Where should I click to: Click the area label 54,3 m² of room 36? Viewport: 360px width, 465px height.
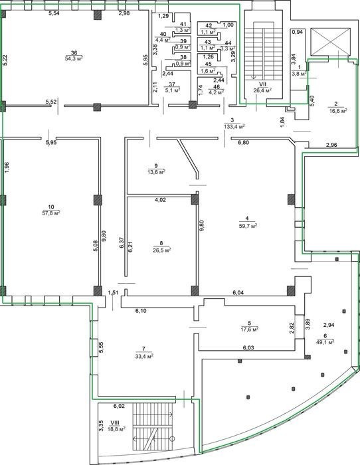point(74,58)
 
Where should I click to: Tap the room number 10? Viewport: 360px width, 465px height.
point(51,207)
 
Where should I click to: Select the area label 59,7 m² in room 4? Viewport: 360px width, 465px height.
point(248,225)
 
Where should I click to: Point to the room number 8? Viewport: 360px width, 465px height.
point(161,243)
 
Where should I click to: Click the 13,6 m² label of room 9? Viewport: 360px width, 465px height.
point(156,171)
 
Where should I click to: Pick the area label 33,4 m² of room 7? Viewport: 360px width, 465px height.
point(144,356)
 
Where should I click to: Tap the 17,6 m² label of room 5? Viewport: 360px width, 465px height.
point(249,329)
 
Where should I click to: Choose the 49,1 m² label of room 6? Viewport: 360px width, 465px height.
point(325,341)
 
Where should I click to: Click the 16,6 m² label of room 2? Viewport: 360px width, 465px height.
point(338,111)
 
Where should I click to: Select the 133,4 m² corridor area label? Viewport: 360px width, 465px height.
point(234,127)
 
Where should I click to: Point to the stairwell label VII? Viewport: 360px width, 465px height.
point(263,84)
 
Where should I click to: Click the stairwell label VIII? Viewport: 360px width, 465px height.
point(114,423)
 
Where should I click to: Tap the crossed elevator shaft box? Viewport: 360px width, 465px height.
point(331,42)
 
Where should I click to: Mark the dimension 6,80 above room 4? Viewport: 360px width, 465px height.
point(244,143)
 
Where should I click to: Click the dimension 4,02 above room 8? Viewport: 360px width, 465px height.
point(161,200)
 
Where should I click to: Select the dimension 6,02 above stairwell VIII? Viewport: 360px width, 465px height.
point(119,407)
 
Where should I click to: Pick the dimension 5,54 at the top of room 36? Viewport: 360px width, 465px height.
point(54,13)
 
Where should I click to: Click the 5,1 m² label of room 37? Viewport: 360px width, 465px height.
point(172,90)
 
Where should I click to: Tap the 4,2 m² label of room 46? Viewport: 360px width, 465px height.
point(216,92)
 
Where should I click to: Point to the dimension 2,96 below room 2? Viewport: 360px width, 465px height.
point(331,145)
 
